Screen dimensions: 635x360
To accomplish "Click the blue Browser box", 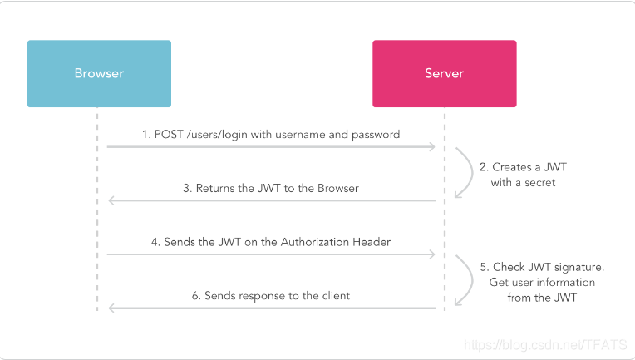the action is [99, 74].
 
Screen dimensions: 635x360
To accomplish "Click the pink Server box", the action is [445, 74].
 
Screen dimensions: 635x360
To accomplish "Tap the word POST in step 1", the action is [169, 135].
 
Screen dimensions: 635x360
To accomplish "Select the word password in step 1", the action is [376, 135].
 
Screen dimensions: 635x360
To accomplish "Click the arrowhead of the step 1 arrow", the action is [432, 146].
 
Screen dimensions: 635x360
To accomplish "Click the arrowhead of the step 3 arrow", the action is [112, 200].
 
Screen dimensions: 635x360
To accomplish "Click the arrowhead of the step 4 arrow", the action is [432, 254].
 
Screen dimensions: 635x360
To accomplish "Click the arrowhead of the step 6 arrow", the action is [112, 308].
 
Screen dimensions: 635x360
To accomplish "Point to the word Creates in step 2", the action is [511, 167].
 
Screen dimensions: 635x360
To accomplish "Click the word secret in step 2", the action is [539, 183].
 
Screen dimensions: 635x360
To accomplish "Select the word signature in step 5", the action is [579, 267].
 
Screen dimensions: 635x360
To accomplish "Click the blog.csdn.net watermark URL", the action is [545, 345].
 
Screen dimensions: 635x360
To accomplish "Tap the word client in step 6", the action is [336, 296].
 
